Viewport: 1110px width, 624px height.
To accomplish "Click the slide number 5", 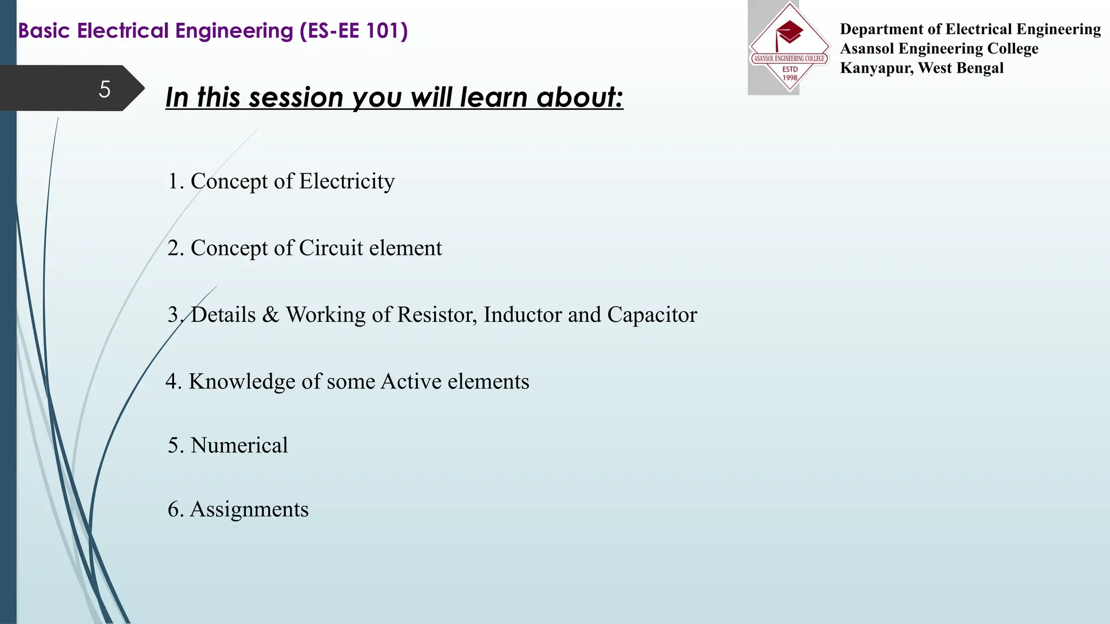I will (x=105, y=89).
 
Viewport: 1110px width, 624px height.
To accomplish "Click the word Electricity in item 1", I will (x=347, y=181).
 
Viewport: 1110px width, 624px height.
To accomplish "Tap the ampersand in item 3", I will (x=270, y=315).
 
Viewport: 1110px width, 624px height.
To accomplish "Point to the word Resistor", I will (x=437, y=315).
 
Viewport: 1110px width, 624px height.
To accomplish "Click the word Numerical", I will (x=239, y=445).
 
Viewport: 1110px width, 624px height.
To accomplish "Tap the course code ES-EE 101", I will (x=353, y=31).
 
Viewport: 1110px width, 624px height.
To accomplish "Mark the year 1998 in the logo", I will (x=790, y=77).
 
